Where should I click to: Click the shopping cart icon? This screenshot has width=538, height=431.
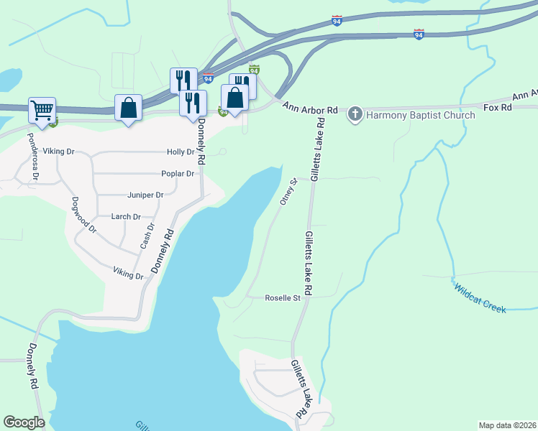point(42,111)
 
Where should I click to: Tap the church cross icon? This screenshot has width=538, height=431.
point(355,114)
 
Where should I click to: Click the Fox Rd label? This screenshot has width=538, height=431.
point(497,108)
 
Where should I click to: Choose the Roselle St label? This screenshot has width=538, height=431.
point(282,297)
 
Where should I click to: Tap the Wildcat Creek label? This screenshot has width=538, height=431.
point(480,297)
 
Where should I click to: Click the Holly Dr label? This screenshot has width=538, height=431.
point(181,152)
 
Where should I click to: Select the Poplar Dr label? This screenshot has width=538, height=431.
point(178,174)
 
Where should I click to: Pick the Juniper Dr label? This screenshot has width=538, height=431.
point(145,195)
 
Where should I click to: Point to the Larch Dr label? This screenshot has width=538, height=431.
point(126,216)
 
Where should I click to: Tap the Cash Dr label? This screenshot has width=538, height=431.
point(147,236)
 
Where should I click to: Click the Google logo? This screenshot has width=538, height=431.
point(24,422)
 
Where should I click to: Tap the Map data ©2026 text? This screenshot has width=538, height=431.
point(507,425)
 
